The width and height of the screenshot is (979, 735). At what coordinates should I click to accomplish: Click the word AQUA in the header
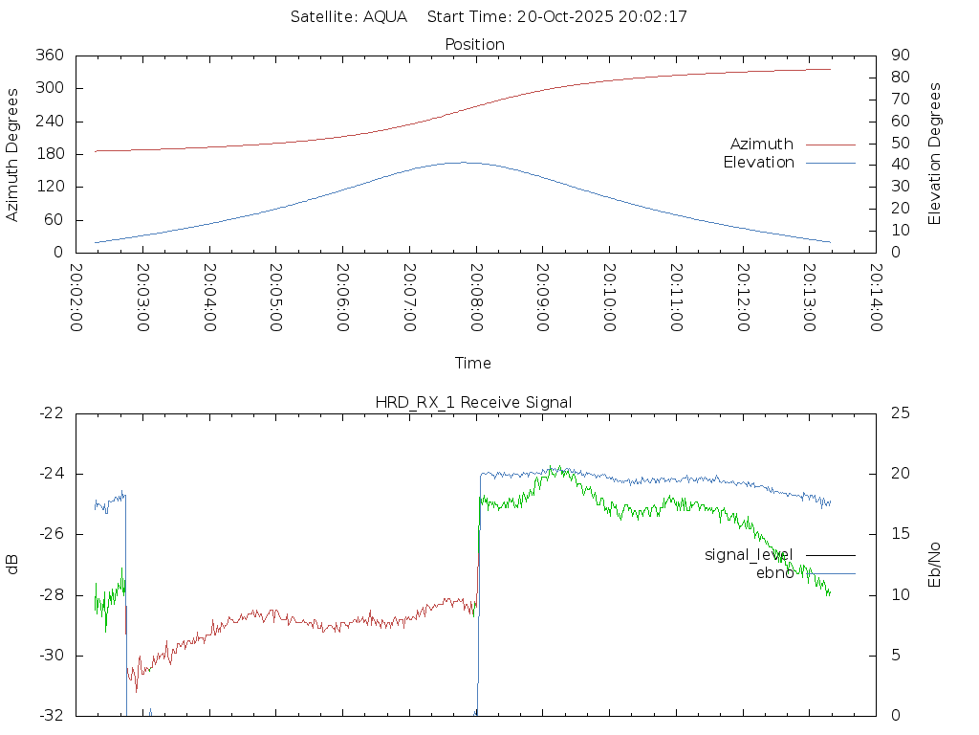(385, 17)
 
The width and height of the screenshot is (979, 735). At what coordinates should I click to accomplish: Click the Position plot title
(474, 45)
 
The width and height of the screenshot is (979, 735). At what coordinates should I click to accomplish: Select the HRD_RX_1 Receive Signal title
(474, 403)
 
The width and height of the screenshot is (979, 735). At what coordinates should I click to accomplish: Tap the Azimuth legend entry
(762, 145)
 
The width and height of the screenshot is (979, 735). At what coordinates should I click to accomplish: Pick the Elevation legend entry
(758, 163)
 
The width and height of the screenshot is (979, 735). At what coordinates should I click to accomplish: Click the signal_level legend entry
(749, 555)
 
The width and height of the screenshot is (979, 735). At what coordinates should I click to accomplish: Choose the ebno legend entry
(774, 573)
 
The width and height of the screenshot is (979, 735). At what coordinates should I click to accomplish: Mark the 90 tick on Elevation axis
(898, 56)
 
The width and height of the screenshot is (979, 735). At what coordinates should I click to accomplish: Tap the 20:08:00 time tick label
(475, 298)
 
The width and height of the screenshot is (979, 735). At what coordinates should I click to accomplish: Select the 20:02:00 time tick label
(76, 298)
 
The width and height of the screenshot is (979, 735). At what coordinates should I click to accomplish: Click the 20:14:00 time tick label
(875, 298)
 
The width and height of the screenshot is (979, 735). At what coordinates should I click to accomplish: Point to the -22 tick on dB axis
(51, 413)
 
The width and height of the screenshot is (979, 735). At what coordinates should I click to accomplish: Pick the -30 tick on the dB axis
(51, 656)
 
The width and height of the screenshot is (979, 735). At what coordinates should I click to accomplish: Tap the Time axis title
(473, 364)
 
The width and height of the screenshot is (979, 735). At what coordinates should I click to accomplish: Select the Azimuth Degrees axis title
(13, 154)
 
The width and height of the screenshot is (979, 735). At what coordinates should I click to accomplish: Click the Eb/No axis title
(935, 565)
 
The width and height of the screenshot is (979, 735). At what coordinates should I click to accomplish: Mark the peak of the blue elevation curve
(462, 163)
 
